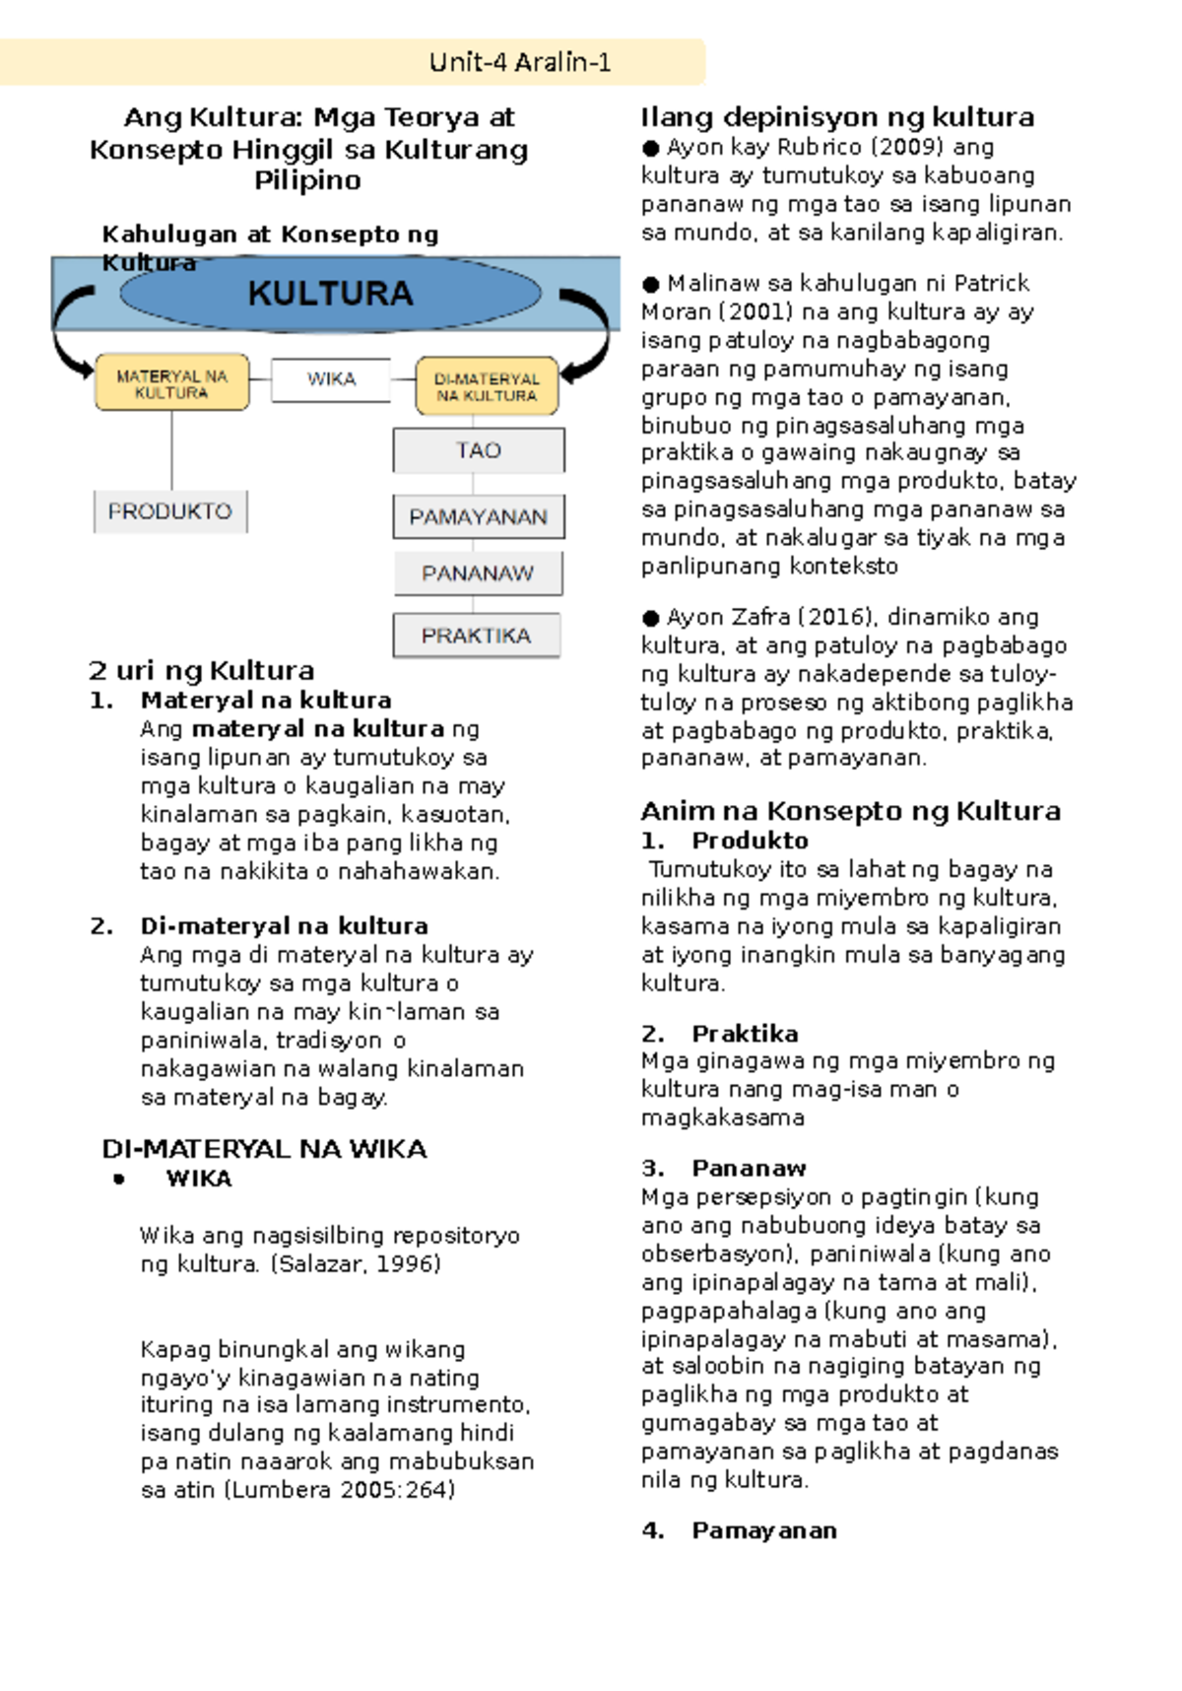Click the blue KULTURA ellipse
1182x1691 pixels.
[x=330, y=294]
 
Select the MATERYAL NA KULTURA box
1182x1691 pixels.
[x=171, y=383]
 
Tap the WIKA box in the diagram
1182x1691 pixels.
[x=331, y=379]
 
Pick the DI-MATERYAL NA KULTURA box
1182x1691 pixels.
[x=487, y=386]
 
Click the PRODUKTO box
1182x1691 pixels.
[x=170, y=511]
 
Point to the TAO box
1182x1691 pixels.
[x=479, y=450]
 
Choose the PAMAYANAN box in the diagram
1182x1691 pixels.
[x=479, y=517]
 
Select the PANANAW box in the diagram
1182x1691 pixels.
[x=479, y=574]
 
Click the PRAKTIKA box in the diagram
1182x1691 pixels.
[x=477, y=636]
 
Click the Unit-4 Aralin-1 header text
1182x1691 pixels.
[x=520, y=63]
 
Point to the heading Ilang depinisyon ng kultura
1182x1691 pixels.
[x=837, y=117]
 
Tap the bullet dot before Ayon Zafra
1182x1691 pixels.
[x=650, y=619]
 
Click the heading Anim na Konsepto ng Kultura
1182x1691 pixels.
[x=850, y=811]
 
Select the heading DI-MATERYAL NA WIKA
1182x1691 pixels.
[x=264, y=1149]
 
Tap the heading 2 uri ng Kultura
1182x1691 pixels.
[x=202, y=671]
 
